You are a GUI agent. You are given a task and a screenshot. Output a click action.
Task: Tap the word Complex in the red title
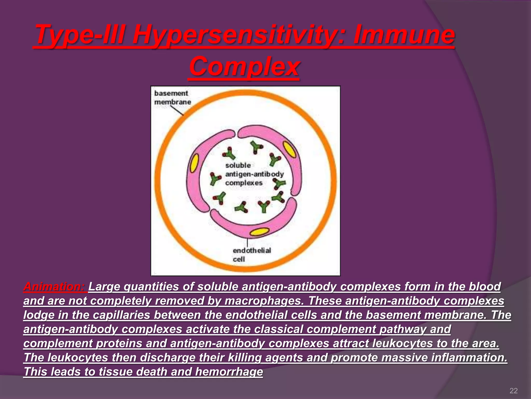(244, 67)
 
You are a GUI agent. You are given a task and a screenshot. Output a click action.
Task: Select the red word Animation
(54, 287)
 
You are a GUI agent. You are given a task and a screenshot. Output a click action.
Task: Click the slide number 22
(513, 391)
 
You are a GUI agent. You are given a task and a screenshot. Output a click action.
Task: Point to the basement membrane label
(172, 98)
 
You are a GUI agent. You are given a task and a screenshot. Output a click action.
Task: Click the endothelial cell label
(251, 255)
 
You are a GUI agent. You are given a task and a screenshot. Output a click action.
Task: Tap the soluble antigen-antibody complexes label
(254, 174)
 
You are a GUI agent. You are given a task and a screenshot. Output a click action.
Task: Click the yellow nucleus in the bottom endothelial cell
(259, 232)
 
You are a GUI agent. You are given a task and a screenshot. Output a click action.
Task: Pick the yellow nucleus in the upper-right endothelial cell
(290, 149)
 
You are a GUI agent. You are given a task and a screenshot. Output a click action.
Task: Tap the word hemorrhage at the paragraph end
(229, 372)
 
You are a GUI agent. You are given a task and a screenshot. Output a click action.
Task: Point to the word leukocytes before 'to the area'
(402, 343)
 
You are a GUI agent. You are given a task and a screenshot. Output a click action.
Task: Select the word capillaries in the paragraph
(121, 315)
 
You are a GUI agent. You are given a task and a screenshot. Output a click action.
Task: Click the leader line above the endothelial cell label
(247, 242)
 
